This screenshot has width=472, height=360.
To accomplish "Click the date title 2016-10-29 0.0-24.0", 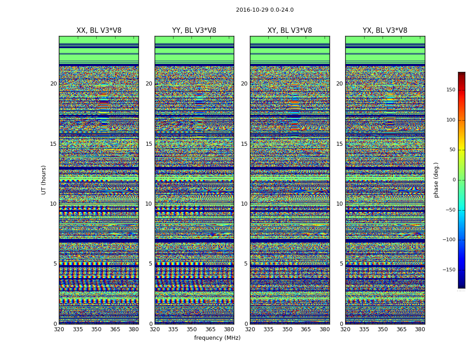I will coord(264,10).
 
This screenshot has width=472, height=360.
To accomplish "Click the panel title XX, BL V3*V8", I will coord(99,31).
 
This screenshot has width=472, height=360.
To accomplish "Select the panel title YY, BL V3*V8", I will coord(194,31).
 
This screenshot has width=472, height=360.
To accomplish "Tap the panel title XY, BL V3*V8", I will coord(289,31).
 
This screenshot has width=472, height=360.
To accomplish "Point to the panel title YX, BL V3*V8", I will coord(385,31).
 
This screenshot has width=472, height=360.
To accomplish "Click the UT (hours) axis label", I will coord(44,180).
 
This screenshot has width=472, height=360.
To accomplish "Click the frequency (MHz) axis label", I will coord(217,338).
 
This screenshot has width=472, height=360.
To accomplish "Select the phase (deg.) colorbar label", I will coord(436,180).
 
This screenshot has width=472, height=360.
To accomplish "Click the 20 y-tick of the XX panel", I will coord(53,84).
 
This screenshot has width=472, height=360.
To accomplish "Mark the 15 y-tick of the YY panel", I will coord(149,144).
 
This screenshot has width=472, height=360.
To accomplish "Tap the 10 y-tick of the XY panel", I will coord(244,204).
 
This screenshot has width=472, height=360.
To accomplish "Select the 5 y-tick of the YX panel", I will coord(341,264).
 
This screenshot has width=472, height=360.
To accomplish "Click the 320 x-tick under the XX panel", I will coord(59,329).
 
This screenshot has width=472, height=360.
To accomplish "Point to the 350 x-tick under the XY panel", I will coord(287,329).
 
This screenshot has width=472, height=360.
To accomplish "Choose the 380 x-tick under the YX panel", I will coord(420,329).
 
